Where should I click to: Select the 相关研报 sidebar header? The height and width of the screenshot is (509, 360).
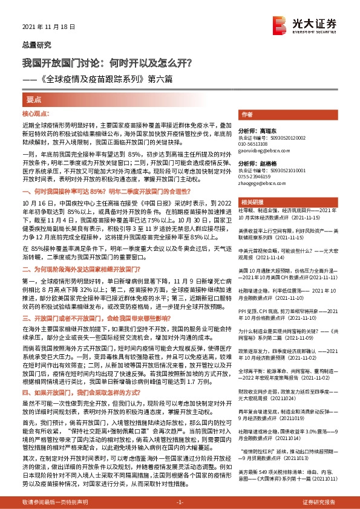click(250, 201)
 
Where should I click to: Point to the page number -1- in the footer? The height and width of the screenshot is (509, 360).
click(179, 502)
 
